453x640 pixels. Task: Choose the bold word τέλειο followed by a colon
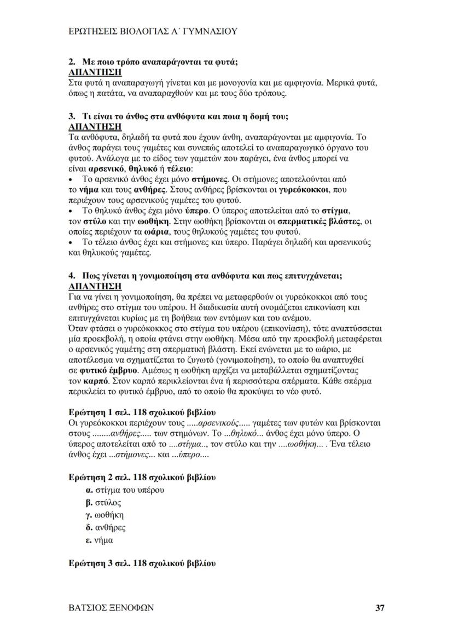tap(128, 168)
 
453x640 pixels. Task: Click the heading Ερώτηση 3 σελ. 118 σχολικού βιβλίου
tap(142, 563)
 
